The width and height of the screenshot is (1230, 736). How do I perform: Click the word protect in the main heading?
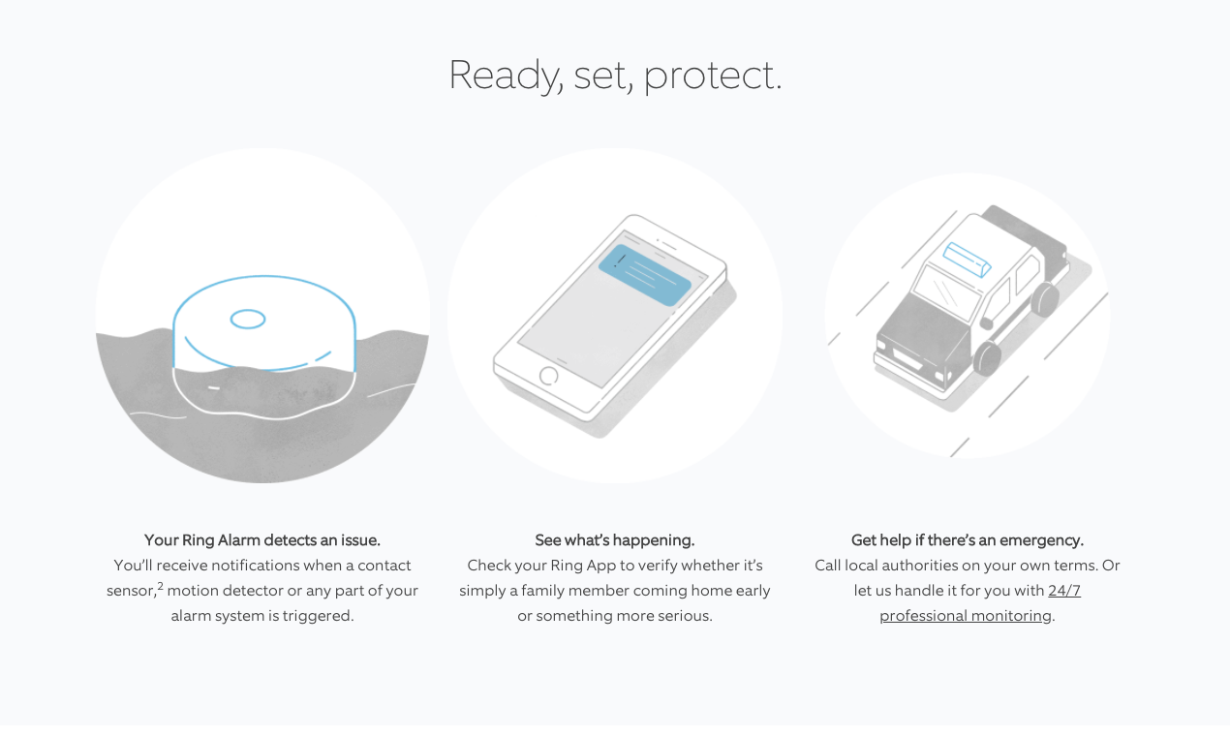[712, 76]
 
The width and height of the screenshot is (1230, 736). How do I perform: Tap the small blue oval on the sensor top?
[248, 320]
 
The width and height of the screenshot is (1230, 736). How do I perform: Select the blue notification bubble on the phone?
[645, 275]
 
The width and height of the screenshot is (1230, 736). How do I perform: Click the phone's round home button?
[549, 376]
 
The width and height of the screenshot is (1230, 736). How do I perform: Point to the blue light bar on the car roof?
[967, 260]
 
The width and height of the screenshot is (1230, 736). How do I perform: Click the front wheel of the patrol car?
[987, 357]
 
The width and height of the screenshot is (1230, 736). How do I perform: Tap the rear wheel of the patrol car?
[1045, 299]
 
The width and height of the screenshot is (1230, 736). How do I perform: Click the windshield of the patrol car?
[946, 292]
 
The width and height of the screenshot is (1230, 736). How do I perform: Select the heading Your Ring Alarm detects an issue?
[261, 540]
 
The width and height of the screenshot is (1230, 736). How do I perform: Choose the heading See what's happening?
[614, 540]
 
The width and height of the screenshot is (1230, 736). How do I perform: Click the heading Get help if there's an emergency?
[967, 540]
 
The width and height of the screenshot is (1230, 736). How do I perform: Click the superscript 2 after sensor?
[161, 586]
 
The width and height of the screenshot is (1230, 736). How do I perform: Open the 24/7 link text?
[1064, 591]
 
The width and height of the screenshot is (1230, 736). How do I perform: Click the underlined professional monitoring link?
[966, 616]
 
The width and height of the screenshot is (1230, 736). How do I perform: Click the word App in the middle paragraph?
[601, 567]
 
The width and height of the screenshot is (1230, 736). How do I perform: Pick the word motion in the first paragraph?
[192, 591]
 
